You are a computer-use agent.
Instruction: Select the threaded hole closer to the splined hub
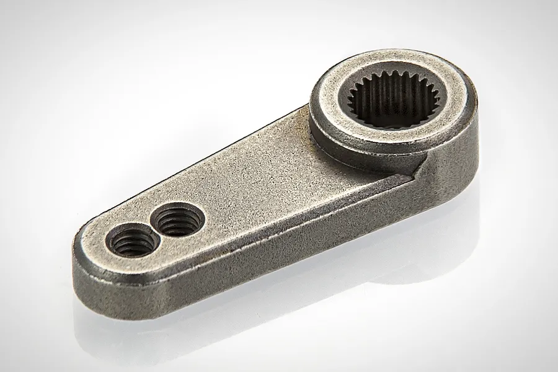pos(179,220)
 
